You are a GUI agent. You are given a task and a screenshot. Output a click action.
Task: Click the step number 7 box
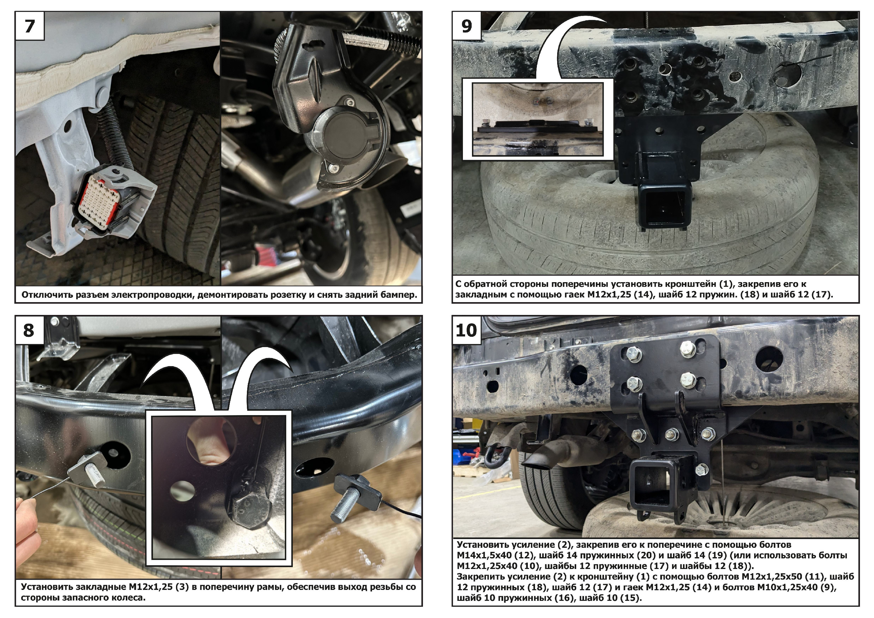pyautogui.click(x=30, y=26)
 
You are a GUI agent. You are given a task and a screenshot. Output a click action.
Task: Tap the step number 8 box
pyautogui.click(x=30, y=330)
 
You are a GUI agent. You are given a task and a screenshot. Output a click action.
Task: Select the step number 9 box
pyautogui.click(x=467, y=26)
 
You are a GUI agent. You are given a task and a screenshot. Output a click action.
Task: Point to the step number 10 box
pyautogui.click(x=467, y=330)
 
